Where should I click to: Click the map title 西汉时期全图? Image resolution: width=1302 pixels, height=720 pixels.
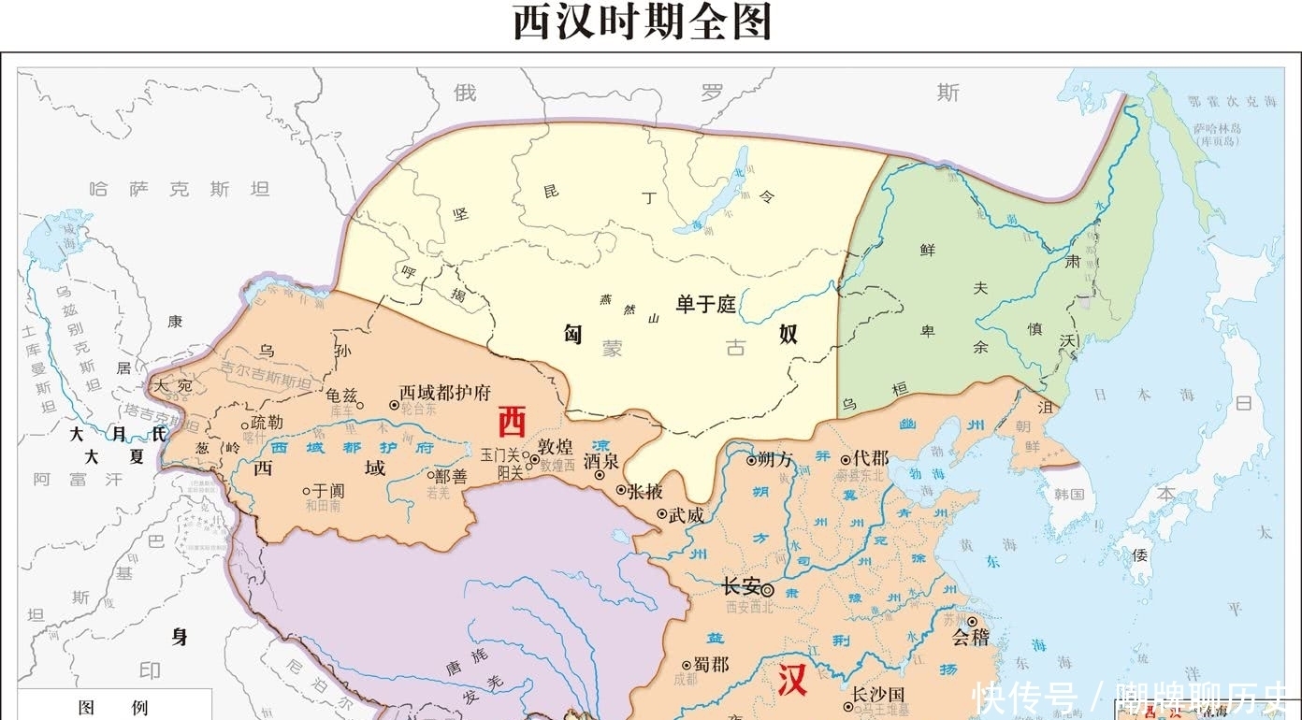coord(643,22)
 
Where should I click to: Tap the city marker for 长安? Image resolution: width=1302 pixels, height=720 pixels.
coord(768,590)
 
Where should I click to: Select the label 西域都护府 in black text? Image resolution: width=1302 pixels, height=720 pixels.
coord(444,393)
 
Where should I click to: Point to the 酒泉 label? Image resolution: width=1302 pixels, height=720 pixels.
coord(600,461)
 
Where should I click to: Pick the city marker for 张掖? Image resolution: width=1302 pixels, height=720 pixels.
coord(621,489)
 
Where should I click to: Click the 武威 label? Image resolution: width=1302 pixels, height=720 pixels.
coord(684,513)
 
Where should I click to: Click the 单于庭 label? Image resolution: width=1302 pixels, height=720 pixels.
coord(706,304)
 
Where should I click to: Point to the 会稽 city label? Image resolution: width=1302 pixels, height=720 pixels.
coord(970,639)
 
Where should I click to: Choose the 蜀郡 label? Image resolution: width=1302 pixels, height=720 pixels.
coord(710,664)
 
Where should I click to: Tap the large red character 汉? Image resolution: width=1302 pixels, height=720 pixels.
coord(791,680)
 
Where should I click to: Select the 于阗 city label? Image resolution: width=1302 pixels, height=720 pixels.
coord(329,489)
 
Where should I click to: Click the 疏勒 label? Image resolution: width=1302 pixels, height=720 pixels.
coord(266,422)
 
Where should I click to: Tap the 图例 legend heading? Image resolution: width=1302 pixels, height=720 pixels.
coord(112,708)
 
